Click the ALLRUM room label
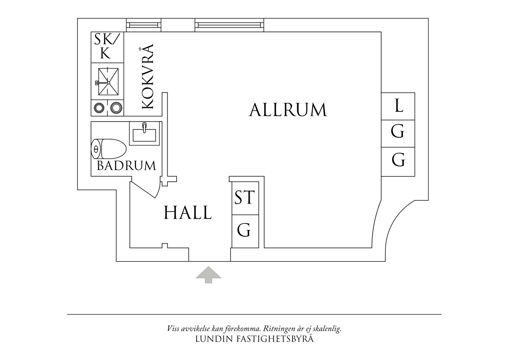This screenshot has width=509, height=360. tap(288, 110)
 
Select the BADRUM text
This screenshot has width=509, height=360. tap(127, 165)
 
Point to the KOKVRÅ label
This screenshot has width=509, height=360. tap(147, 76)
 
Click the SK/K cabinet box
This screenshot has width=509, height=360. tap(108, 47)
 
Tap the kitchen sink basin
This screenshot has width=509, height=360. tap(108, 82)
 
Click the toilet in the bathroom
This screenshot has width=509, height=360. tap(109, 149)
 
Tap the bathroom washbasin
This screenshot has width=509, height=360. tap(144, 134)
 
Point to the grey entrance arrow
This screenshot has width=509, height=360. tap(208, 275)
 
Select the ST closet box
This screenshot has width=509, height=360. tap(245, 198)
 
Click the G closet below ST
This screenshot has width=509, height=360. tap(245, 231)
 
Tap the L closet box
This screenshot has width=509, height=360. tap(398, 106)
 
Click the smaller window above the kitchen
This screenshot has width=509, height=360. tap(144, 25)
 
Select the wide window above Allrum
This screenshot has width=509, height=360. tap(230, 25)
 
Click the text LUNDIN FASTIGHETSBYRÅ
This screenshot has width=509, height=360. tap(255, 339)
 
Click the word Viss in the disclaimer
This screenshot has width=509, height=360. tap(173, 329)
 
